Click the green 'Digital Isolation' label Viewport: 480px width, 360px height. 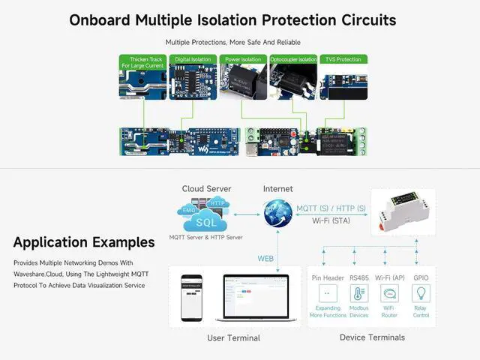pos(193,58)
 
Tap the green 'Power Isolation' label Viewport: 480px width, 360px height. pos(242,58)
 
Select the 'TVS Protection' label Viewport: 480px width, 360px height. pos(342,58)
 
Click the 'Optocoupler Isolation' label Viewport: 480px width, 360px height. pos(292,58)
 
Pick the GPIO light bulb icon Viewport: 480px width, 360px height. pos(421,293)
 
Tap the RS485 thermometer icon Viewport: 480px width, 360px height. pos(359,293)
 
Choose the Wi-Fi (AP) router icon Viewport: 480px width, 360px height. pos(389,293)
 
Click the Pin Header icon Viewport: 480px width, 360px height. pos(327,293)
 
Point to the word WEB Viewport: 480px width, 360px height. pos(266,258)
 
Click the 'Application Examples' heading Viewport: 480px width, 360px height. pos(84,242)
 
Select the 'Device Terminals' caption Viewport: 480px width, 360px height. pos(372,337)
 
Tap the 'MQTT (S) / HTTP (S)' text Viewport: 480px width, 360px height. pos(331,208)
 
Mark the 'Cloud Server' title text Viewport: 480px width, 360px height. pos(206,189)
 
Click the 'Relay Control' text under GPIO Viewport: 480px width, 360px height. pos(421,311)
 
